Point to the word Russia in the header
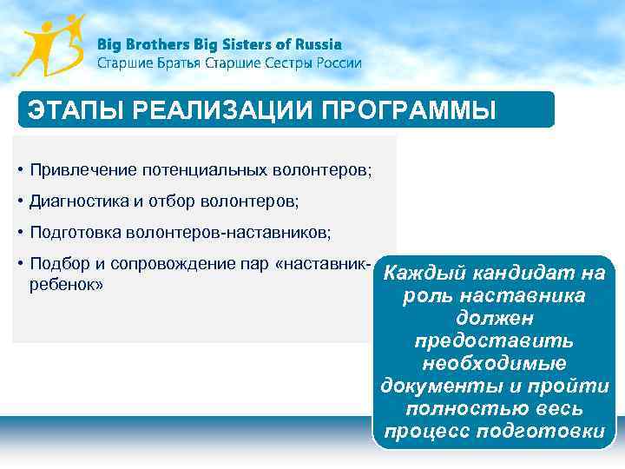319,44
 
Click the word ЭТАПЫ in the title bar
65,110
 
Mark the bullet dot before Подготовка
19,233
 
